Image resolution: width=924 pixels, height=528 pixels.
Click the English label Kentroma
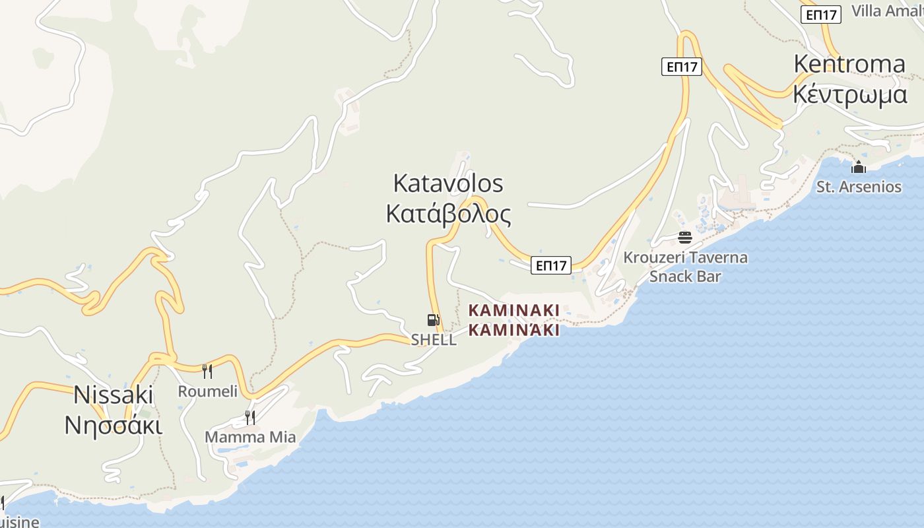(x=849, y=64)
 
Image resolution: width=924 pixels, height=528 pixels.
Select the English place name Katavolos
(x=448, y=183)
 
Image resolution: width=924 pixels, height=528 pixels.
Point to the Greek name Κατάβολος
(x=448, y=214)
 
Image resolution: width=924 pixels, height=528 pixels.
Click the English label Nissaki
(x=114, y=395)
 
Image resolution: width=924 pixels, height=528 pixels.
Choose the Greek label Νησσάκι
(x=114, y=426)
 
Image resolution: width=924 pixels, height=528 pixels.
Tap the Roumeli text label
(x=208, y=391)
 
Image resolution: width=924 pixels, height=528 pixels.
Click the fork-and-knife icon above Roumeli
(x=207, y=371)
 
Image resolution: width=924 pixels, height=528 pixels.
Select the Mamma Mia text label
(x=250, y=437)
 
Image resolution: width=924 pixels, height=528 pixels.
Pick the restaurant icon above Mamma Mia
(x=250, y=417)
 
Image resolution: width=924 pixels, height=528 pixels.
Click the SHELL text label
(x=434, y=340)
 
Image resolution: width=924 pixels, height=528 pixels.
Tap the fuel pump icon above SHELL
(x=433, y=320)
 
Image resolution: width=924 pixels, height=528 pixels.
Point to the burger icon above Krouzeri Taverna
(x=684, y=238)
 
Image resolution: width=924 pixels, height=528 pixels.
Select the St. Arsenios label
(x=859, y=187)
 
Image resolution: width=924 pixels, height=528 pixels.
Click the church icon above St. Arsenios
(x=859, y=167)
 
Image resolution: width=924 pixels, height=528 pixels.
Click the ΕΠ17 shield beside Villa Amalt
(x=821, y=15)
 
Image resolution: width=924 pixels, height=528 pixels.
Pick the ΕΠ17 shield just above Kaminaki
(x=551, y=265)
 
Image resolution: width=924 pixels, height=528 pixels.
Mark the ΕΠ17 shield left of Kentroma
(x=682, y=66)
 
